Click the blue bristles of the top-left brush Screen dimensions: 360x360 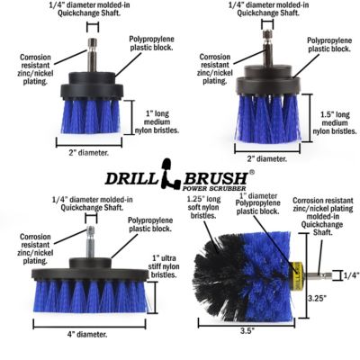(x=94, y=115)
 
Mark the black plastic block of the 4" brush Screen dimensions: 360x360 (x=89, y=274)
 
